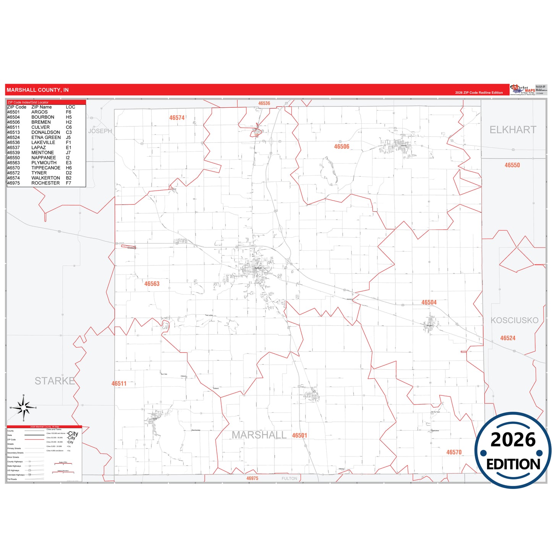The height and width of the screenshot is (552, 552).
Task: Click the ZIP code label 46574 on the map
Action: point(177,118)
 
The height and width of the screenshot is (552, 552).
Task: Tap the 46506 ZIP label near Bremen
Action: point(342,147)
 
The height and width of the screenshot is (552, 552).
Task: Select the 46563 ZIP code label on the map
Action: point(152,284)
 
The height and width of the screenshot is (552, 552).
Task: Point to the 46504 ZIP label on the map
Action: point(429,303)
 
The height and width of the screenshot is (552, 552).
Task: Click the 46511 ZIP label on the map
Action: point(119,384)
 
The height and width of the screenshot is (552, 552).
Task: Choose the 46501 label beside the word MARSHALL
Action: point(299,435)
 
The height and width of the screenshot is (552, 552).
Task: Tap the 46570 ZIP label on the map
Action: point(454,452)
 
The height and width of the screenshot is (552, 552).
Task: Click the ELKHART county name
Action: point(513,130)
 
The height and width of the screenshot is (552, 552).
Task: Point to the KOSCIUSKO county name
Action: point(514,321)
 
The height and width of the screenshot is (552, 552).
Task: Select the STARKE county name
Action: point(55,381)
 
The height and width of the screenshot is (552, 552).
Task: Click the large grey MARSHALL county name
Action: point(259,435)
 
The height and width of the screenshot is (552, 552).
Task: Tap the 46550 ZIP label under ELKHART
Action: point(512,165)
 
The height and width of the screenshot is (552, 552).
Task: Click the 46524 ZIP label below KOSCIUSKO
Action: point(508,338)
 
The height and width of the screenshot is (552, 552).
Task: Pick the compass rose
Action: point(24,408)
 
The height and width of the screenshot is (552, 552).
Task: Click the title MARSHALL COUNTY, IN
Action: point(37,90)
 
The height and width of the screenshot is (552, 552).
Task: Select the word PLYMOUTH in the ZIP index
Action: point(44,163)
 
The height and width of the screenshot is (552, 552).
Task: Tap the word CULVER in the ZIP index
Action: point(40,127)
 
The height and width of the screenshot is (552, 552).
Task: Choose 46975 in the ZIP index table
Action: point(13,183)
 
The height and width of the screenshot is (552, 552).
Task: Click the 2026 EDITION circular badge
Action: point(513,450)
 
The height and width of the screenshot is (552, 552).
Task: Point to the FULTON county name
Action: point(289,479)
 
